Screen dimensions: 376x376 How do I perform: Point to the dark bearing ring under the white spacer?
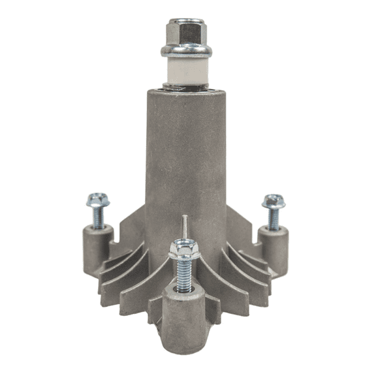187,85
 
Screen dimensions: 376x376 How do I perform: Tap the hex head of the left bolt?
99,198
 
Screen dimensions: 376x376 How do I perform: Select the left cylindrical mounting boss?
97,248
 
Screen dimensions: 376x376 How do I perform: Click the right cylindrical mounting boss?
273,248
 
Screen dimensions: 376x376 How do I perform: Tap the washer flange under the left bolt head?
98,206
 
